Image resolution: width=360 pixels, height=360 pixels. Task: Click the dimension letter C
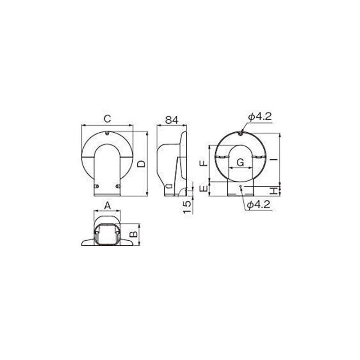click(107, 119)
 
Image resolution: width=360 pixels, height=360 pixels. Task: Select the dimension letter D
click(141, 164)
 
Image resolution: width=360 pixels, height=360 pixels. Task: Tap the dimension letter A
click(107, 205)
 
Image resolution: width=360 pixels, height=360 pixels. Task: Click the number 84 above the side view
click(171, 120)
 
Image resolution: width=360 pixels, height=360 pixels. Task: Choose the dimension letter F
click(204, 162)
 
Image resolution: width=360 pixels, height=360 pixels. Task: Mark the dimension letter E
click(204, 189)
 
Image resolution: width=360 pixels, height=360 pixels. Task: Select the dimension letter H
click(273, 190)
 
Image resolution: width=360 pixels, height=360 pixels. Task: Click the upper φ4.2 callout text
click(260, 117)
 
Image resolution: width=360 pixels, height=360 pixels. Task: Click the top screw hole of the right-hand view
click(241, 133)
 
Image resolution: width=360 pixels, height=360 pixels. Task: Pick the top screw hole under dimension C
click(107, 133)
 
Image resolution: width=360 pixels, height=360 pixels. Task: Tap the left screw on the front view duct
click(96, 186)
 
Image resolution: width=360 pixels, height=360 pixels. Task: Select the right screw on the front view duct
click(118, 186)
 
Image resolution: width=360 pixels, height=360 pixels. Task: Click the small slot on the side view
click(168, 186)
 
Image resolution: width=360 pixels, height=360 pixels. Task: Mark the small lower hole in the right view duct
click(241, 186)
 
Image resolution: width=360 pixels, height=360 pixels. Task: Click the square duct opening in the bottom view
click(107, 233)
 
